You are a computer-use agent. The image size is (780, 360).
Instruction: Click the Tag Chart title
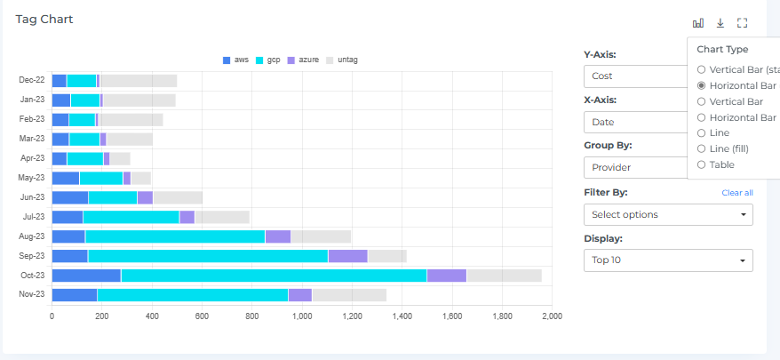point(44,19)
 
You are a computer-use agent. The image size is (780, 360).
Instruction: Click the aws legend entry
point(235,60)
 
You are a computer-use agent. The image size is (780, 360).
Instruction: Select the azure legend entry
point(304,60)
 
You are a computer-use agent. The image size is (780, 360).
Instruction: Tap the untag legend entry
point(342,60)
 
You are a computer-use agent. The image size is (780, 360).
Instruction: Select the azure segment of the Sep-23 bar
point(347,256)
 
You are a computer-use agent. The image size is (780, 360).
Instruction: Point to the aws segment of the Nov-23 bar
point(75,295)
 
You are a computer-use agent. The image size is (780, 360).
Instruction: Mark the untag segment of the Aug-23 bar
point(321,236)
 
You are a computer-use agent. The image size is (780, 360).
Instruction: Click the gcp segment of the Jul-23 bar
point(131,217)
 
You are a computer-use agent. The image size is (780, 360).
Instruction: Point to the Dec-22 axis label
point(32,81)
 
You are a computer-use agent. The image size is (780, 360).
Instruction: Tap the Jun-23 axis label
point(32,197)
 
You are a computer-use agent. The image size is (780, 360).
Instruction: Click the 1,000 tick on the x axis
point(302,316)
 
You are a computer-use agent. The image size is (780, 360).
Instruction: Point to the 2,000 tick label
point(552,316)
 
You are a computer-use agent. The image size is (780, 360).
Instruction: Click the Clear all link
point(736,193)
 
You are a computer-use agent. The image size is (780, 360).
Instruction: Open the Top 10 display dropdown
point(668,260)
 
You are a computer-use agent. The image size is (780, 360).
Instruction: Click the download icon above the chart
point(720,23)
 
